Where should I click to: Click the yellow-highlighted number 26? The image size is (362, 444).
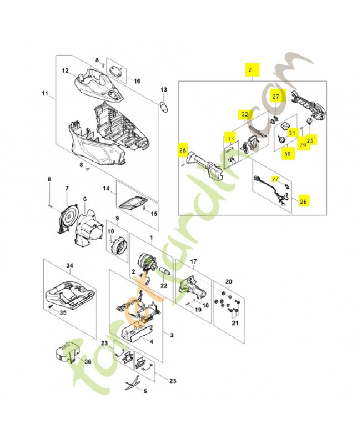[303, 202]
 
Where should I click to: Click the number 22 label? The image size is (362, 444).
[164, 286]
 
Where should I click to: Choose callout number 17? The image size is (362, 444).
[194, 261]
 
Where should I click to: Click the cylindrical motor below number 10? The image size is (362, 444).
[118, 246]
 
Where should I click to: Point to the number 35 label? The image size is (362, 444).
[63, 312]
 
